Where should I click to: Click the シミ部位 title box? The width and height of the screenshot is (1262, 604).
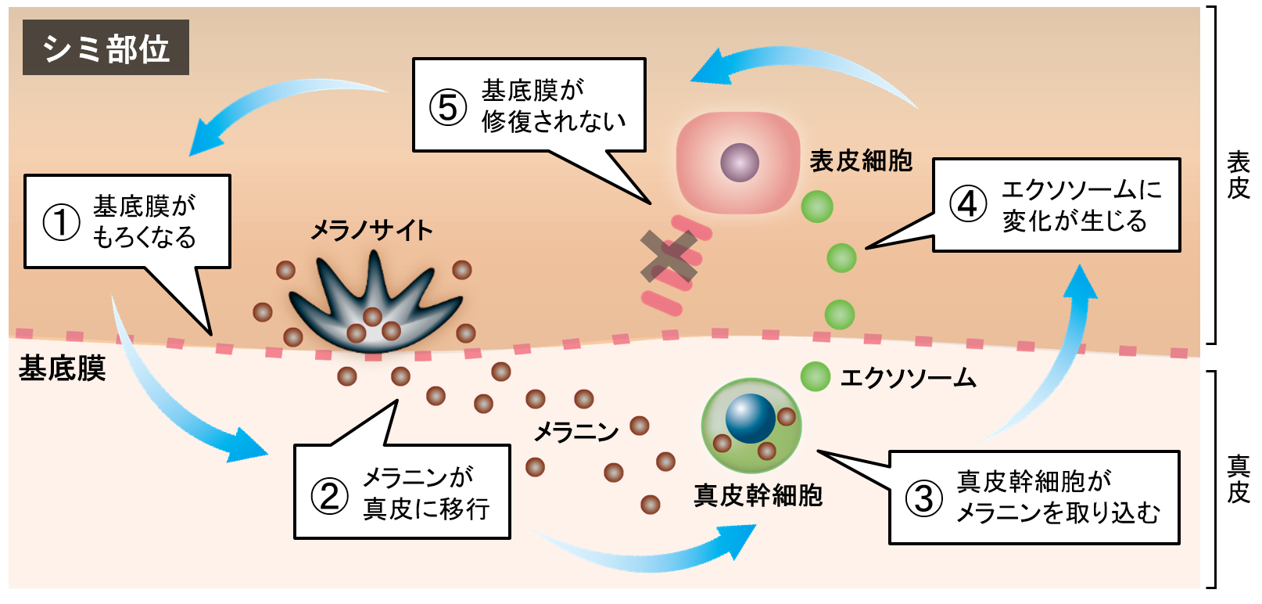(106, 48)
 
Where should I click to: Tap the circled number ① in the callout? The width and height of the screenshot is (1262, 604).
(61, 221)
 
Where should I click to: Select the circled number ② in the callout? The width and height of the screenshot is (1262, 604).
(329, 494)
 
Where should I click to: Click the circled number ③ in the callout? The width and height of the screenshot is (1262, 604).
(923, 498)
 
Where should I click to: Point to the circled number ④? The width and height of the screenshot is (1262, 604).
(968, 204)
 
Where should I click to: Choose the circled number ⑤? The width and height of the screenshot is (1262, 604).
(448, 106)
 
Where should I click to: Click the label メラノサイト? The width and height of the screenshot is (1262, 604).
(371, 231)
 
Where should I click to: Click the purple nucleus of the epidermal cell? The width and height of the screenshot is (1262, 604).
(739, 163)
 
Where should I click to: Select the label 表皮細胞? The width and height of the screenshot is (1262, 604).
(861, 161)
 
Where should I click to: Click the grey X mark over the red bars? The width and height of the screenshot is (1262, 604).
(669, 256)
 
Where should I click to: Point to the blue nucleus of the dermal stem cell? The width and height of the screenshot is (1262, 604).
(750, 419)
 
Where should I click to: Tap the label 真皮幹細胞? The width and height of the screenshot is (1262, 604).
(758, 495)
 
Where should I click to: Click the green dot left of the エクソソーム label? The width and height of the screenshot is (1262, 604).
(816, 377)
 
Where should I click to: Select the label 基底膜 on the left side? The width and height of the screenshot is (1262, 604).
(62, 368)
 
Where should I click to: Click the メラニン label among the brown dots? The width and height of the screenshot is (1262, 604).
(576, 431)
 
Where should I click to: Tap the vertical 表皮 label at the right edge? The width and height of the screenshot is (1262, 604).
(1238, 175)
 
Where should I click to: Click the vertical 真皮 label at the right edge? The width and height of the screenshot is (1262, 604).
(1238, 479)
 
